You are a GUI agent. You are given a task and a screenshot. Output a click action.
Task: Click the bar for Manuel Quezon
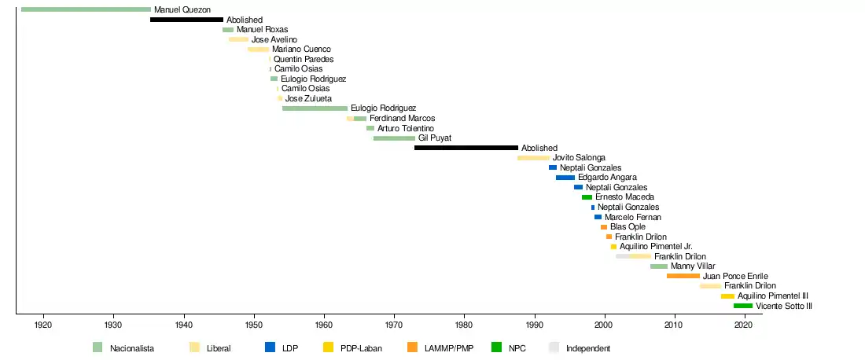86,9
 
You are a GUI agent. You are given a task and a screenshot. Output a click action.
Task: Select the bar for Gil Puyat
394,138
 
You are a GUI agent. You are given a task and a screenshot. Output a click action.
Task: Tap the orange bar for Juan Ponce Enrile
683,276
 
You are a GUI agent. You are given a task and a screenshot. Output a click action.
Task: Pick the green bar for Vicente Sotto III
742,306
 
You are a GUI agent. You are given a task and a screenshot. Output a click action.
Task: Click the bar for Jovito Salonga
533,158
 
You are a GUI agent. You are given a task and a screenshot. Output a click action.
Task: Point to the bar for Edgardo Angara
565,178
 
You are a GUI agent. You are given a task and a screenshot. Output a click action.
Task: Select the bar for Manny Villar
658,266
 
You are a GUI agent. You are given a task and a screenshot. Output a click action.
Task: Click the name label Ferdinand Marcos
402,119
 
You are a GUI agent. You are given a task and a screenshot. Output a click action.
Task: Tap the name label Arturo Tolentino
406,128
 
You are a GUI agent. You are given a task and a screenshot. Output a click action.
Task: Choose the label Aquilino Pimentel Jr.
656,247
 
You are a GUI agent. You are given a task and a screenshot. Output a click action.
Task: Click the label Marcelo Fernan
633,217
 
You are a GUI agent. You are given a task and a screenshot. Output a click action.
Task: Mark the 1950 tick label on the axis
254,324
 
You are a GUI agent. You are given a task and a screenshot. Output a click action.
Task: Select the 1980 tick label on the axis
464,324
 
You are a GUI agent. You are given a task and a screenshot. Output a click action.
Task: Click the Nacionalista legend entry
131,348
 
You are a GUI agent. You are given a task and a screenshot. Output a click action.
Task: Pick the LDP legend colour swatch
270,347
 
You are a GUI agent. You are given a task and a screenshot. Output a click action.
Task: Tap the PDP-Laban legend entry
361,348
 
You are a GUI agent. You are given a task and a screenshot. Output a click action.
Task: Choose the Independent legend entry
587,348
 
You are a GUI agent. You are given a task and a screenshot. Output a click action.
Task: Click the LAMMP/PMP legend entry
448,348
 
